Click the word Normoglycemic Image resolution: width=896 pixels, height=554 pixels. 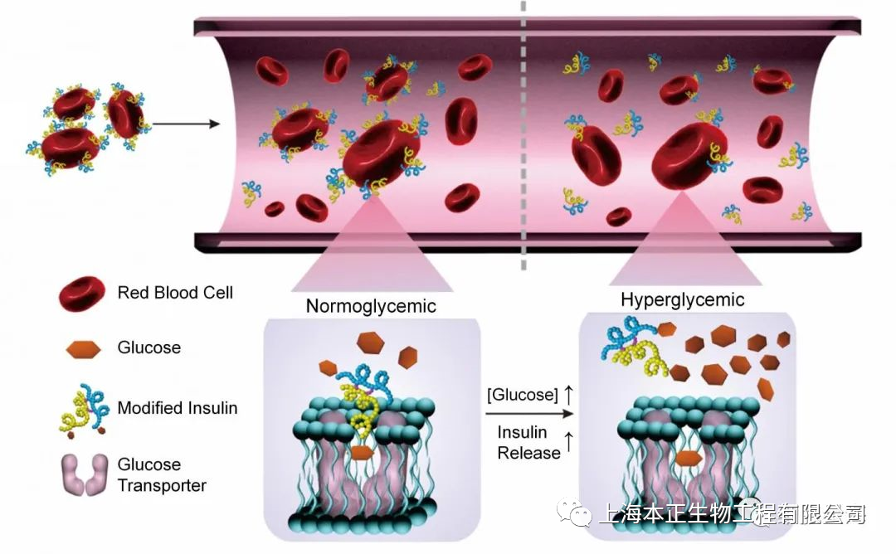tap(371, 305)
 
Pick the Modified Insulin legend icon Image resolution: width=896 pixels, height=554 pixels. tap(83, 408)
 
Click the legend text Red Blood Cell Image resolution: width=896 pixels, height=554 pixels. tap(175, 293)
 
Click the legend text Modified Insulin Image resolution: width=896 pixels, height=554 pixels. tap(178, 408)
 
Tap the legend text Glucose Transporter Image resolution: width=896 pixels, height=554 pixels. tap(161, 474)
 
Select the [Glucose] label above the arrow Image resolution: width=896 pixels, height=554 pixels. tap(523, 395)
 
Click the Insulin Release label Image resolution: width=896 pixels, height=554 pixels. tap(528, 443)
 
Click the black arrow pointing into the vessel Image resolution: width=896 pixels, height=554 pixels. tap(186, 124)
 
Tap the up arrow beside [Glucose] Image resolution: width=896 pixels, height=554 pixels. tap(568, 395)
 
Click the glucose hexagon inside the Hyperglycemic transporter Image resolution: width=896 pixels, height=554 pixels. tap(689, 459)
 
